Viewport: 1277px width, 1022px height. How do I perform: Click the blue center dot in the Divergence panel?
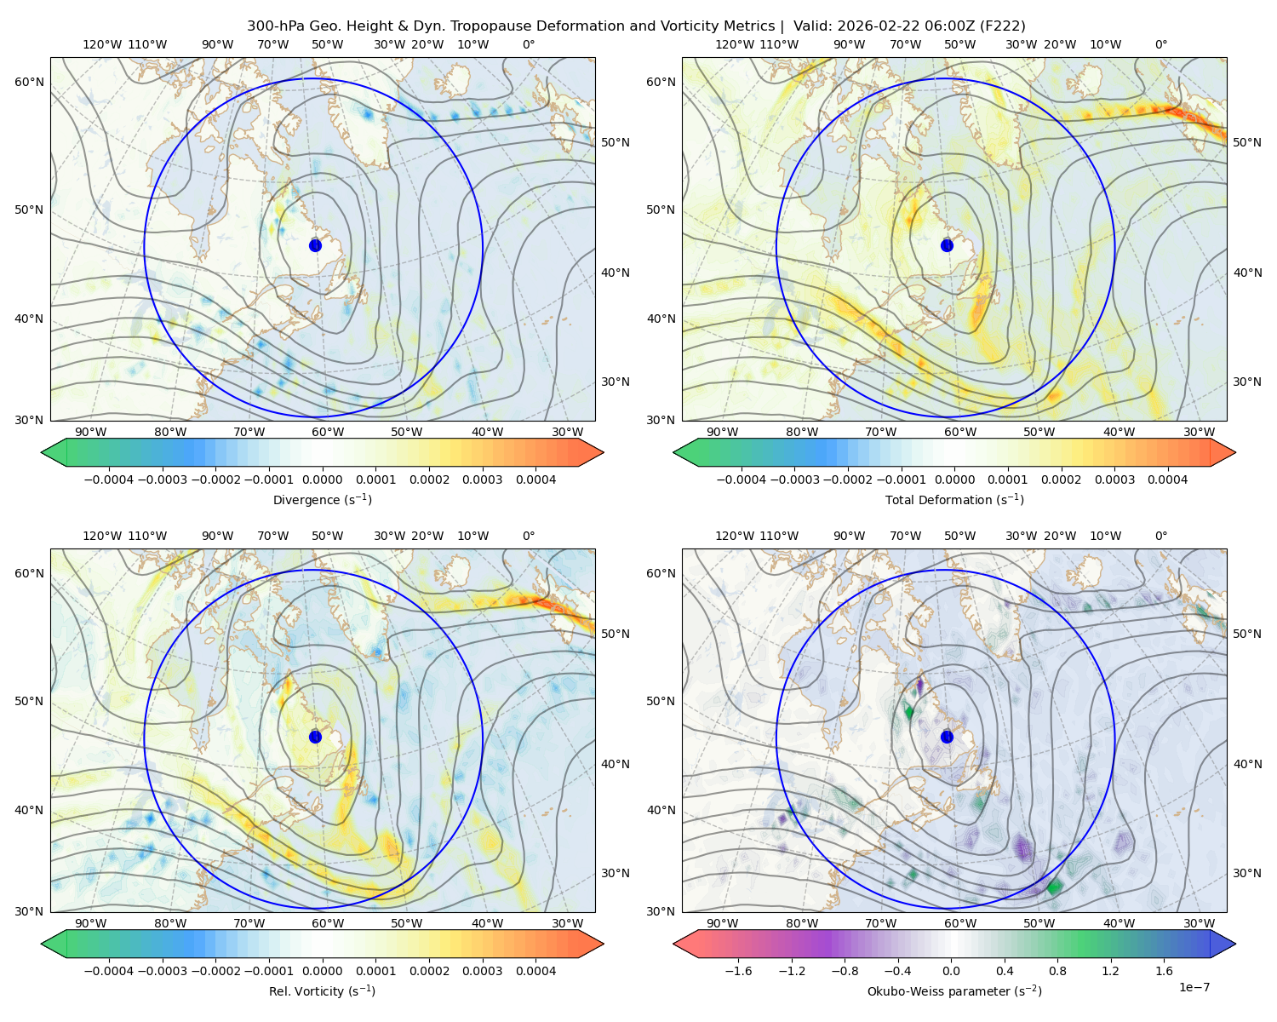[315, 245]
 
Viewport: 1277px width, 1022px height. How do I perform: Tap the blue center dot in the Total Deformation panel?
[947, 245]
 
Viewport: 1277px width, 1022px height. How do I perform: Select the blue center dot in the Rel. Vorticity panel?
[315, 737]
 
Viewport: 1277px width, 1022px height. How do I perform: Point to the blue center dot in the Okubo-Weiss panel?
[947, 737]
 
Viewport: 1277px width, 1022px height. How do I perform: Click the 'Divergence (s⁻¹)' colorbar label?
[322, 499]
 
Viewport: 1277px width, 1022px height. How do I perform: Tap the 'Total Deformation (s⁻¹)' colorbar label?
[954, 499]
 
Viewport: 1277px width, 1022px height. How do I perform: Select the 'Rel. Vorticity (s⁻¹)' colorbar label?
[322, 990]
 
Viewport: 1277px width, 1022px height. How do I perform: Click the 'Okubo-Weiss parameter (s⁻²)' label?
[954, 990]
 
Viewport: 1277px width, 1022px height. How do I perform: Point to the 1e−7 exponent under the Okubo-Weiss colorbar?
[1194, 987]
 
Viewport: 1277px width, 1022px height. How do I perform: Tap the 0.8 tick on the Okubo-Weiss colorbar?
[1057, 971]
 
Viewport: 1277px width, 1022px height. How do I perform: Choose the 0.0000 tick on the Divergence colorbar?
[322, 479]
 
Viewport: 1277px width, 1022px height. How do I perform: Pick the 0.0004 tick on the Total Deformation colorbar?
[1167, 479]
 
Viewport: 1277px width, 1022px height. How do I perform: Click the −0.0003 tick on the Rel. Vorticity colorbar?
[162, 971]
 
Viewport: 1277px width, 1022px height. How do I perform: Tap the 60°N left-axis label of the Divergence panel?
[29, 82]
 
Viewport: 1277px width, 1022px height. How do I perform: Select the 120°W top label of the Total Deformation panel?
[734, 44]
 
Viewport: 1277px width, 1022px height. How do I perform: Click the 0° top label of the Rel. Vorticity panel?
[529, 536]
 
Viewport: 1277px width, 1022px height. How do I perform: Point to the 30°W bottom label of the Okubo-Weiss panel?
[1199, 923]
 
